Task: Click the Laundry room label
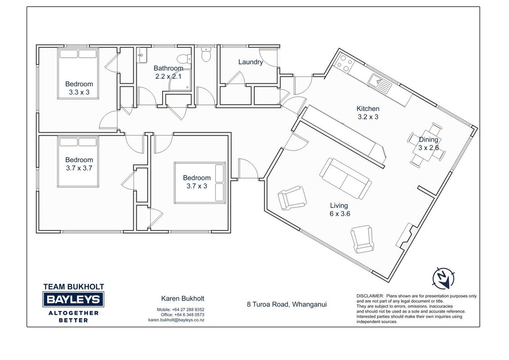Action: click(250, 62)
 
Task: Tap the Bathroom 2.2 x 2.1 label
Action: click(168, 72)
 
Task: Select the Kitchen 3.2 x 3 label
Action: click(368, 113)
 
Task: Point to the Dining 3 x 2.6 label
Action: click(429, 144)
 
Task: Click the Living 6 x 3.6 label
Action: click(339, 210)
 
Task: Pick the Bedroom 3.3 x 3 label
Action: click(79, 88)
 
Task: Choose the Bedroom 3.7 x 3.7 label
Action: click(79, 164)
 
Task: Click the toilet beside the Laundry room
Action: click(206, 54)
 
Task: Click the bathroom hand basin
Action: click(142, 55)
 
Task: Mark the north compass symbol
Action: click(443, 278)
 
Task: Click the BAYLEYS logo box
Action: click(73, 299)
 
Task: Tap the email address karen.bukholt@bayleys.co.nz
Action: click(176, 320)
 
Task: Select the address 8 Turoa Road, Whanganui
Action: click(286, 305)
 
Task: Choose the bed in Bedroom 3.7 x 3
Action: click(200, 183)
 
